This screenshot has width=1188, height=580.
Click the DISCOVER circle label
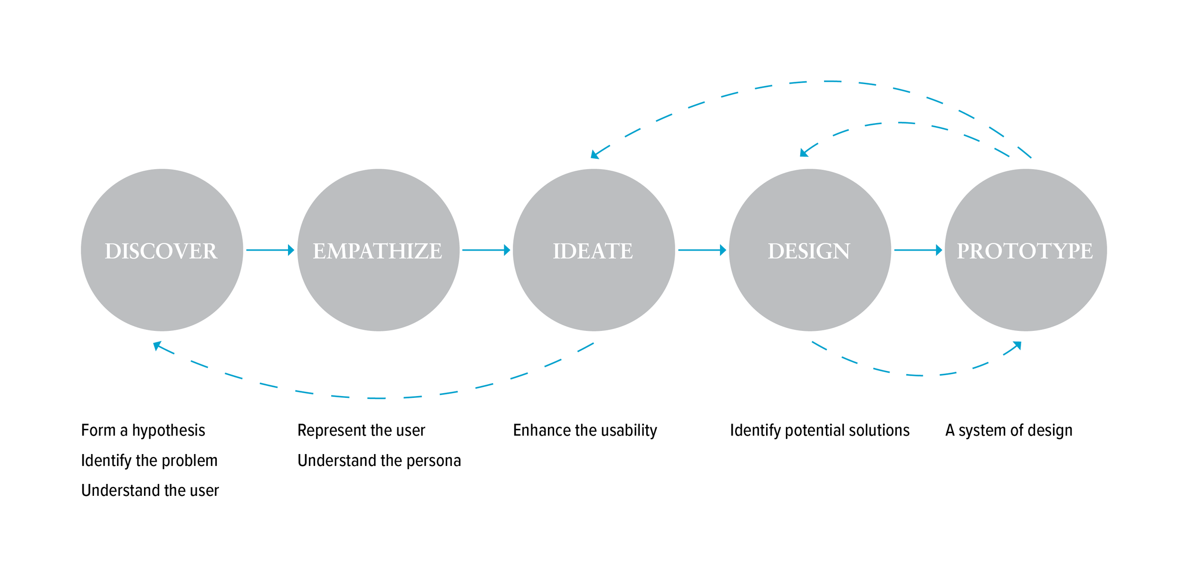tap(161, 251)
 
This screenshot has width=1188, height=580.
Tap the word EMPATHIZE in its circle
tap(377, 251)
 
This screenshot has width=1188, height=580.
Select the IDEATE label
tap(593, 251)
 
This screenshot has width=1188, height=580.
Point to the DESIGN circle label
tap(809, 251)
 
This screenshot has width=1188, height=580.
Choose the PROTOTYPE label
tap(1025, 251)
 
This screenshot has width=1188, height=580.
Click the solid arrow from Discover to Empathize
tap(270, 250)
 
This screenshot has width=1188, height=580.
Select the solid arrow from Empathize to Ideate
tap(486, 250)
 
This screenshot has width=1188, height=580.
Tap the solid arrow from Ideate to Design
tap(702, 250)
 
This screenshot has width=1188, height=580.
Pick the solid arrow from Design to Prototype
tap(918, 250)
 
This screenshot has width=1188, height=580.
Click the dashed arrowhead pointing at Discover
tap(157, 345)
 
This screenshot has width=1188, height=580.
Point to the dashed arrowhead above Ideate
tap(594, 155)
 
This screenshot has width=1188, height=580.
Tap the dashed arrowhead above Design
tap(804, 153)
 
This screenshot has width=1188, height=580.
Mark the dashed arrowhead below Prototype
tap(1017, 345)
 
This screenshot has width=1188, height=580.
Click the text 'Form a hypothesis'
tap(143, 430)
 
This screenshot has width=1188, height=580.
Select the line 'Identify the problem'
tap(149, 460)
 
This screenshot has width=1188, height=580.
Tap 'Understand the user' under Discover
tap(150, 490)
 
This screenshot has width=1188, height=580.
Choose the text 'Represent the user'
tap(361, 430)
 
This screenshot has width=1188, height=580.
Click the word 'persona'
tap(433, 461)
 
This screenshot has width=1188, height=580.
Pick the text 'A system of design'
tap(1009, 430)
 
